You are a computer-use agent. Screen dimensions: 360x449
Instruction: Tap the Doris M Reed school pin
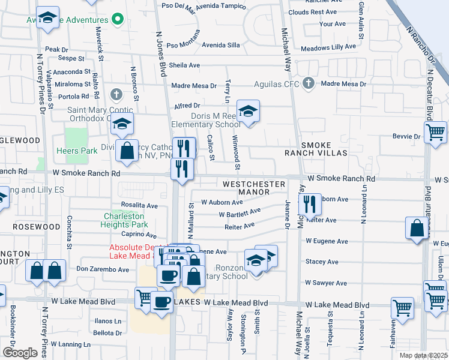[x=247, y=111]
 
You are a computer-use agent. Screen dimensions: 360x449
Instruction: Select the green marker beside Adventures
[x=118, y=19]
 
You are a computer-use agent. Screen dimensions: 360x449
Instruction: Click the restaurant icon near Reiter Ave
[x=310, y=205]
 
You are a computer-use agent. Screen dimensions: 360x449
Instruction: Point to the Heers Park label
[x=76, y=150]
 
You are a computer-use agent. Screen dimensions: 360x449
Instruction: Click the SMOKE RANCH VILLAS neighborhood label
[x=324, y=149]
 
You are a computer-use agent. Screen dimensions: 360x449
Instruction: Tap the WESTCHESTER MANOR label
[x=254, y=187]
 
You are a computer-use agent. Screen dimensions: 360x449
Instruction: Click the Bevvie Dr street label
[x=409, y=137]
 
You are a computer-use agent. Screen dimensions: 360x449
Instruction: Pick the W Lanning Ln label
[x=70, y=344]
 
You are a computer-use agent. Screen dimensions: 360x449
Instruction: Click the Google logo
[x=20, y=353]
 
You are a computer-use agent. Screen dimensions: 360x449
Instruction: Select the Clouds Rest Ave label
[x=312, y=12]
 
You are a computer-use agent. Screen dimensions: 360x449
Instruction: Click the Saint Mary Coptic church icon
[x=116, y=95]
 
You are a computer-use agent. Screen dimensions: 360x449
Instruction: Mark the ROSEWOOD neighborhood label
[x=38, y=227]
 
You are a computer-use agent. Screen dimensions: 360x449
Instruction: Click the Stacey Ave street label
[x=322, y=262]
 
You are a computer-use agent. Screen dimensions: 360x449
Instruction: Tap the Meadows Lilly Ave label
[x=328, y=47]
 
